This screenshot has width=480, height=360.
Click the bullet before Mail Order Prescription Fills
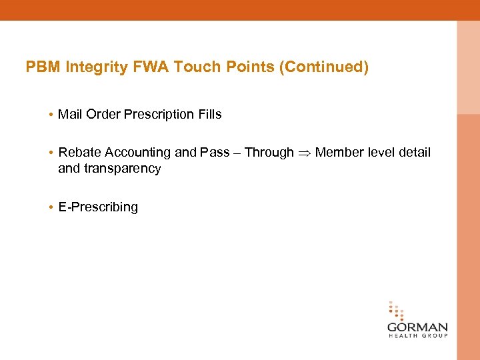pos(51,115)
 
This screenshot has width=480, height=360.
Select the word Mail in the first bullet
pos(69,115)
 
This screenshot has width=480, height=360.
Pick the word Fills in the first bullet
pos(209,115)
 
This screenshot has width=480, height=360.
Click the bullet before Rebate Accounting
pos(51,153)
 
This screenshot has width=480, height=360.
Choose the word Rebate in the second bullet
pos(79,153)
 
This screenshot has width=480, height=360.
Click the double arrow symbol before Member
pos(304,153)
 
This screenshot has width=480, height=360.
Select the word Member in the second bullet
pos(340,153)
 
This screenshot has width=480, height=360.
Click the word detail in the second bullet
pos(415,153)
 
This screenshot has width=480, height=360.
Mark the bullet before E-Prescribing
pos(51,207)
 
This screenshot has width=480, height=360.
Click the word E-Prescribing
pos(98,207)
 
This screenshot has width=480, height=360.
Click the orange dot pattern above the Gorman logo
pos(396,311)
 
